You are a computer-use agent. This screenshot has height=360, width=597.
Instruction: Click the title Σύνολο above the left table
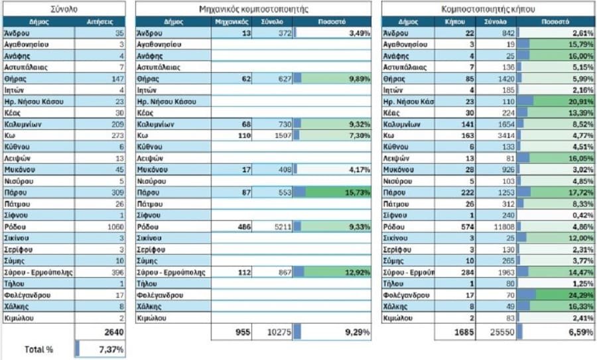pos(64,9)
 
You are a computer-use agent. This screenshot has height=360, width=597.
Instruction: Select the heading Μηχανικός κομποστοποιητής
pos(253,9)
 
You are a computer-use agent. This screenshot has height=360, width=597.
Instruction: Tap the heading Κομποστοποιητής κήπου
pos(488,9)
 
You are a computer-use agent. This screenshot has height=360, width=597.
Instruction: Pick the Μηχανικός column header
pos(232,21)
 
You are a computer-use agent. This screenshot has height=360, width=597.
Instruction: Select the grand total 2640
pos(110,331)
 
